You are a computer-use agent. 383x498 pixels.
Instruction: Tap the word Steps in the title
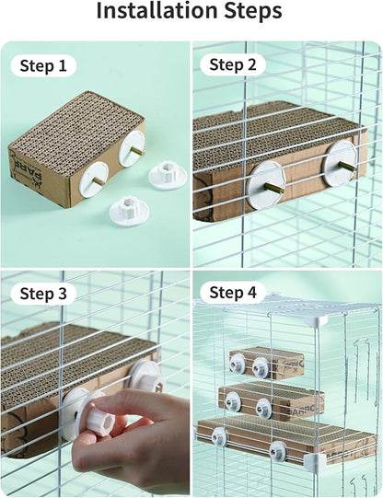[251, 12]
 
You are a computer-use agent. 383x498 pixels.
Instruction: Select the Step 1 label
[43, 66]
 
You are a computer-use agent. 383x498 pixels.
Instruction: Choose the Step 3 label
[43, 294]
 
